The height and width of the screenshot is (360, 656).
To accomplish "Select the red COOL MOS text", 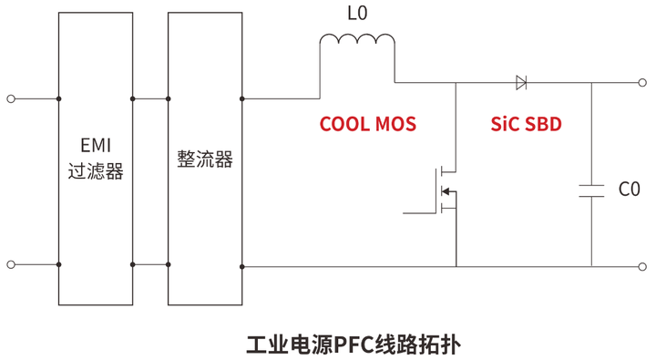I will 367,125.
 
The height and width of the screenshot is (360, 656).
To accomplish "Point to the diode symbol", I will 521,84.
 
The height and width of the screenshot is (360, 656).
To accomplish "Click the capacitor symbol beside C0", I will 591,190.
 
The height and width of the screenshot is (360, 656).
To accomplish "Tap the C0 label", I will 630,190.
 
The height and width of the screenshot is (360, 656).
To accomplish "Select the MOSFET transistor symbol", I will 446,190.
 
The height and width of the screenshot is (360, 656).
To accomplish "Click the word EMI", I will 95,144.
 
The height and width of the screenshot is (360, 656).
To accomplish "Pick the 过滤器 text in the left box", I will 95,171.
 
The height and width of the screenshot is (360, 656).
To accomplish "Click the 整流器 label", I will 205,159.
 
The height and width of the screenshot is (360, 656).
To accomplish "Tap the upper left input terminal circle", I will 11,98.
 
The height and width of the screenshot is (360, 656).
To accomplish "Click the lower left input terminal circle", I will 11,265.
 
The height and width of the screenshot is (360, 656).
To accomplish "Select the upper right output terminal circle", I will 645,84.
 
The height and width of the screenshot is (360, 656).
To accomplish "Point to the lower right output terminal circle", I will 645,265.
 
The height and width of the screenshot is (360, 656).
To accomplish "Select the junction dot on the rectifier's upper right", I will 241,98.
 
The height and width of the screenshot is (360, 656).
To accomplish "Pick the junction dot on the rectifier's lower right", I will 241,265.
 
